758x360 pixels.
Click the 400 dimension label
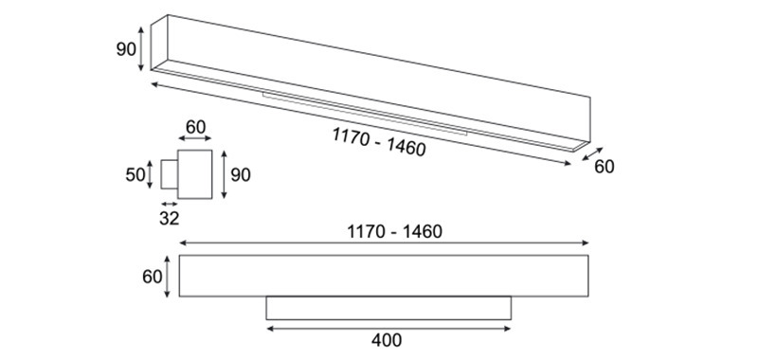pos(387,340)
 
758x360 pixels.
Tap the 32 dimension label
pos(170,219)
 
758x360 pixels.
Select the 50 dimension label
pos(135,174)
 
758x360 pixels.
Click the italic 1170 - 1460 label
pos(379,141)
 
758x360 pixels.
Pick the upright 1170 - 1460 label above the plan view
pos(394,232)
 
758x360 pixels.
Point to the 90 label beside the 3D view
pos(126,49)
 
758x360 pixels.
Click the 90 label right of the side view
pos(241,175)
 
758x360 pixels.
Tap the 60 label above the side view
pos(195,128)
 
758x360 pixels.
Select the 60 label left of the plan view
pos(152,277)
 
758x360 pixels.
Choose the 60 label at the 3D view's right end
pos(605,167)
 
